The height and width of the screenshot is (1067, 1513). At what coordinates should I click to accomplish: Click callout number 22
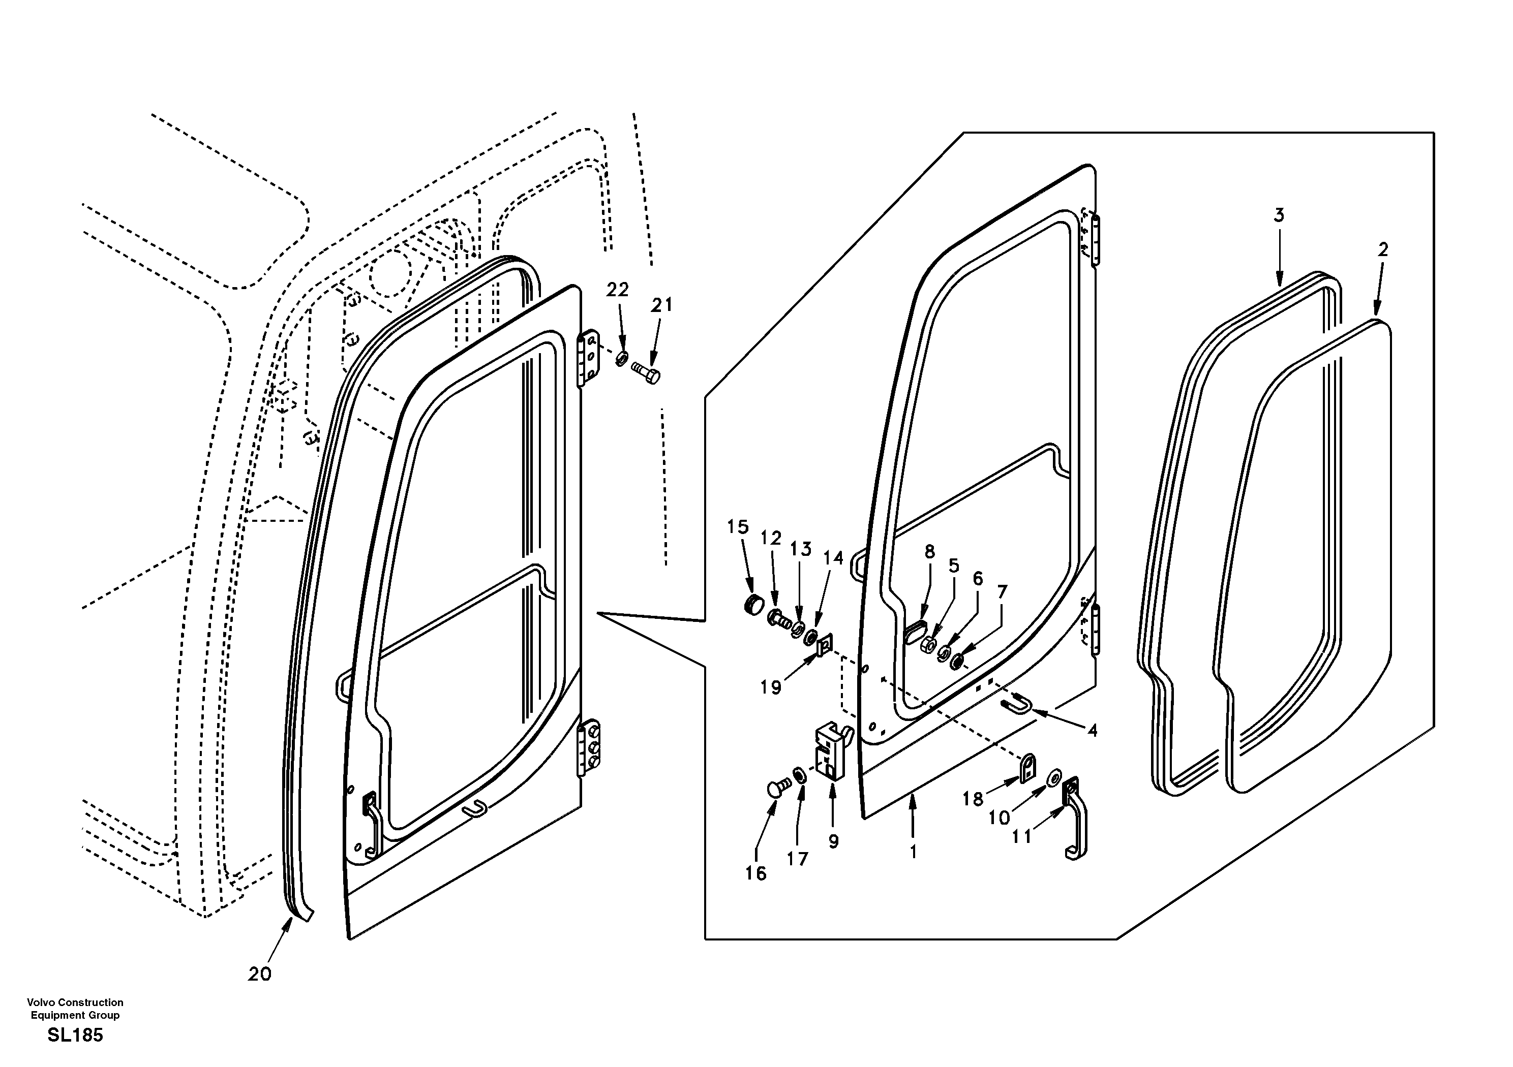coord(618,290)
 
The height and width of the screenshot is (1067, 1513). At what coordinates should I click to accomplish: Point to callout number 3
coord(1279,215)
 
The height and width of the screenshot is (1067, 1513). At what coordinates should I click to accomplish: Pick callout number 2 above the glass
coord(1382,249)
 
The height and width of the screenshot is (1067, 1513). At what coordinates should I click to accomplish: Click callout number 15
coord(738,527)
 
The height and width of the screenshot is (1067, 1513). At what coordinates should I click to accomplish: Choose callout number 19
coord(770,687)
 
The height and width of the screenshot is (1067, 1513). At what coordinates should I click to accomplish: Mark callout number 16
coord(756,873)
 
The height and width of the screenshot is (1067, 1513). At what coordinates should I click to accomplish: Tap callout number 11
coord(1021,836)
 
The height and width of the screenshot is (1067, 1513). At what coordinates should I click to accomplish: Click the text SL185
coord(75,1035)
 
